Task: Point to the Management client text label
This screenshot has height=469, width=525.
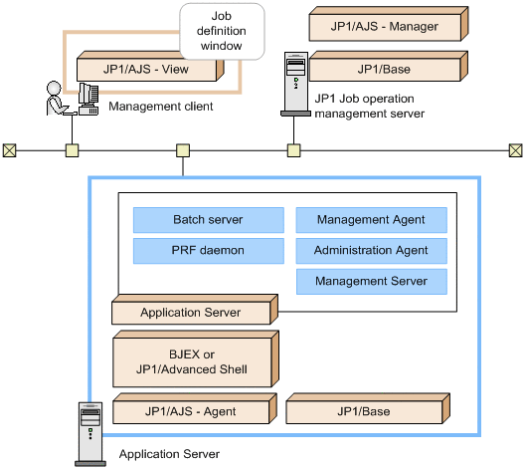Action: (x=160, y=106)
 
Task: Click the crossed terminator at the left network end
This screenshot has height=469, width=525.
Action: (x=10, y=151)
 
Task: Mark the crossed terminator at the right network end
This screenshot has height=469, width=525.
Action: (x=514, y=151)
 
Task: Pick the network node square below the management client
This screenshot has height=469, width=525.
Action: (x=72, y=151)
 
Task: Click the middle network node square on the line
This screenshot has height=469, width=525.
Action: (x=183, y=151)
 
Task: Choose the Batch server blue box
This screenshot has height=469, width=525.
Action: (x=207, y=220)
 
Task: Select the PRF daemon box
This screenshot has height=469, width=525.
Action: (x=207, y=251)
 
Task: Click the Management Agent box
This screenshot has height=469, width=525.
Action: (x=371, y=220)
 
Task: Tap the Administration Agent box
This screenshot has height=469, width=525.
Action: (x=371, y=251)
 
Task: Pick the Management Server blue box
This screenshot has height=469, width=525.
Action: (x=371, y=282)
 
